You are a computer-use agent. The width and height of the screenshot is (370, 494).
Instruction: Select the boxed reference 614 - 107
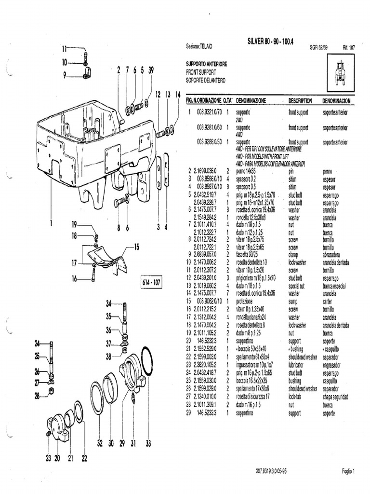[151, 282]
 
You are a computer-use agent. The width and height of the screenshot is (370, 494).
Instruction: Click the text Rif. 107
[348, 48]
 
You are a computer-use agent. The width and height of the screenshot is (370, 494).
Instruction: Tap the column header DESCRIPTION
[300, 101]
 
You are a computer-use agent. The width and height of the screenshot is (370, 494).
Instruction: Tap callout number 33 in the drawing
[148, 443]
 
